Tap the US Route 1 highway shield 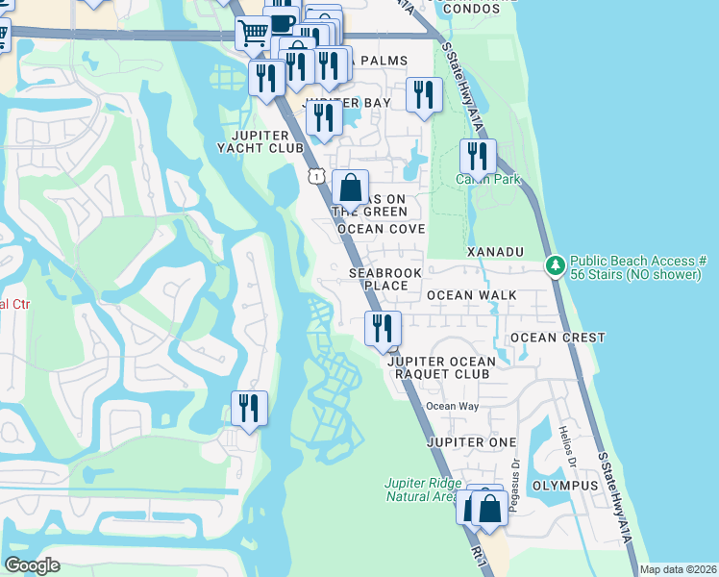tap(315, 176)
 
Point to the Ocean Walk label tap(471, 295)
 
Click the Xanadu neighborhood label tap(495, 251)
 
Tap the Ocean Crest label tap(558, 338)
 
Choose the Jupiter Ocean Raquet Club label tap(441, 368)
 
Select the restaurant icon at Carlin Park tap(478, 156)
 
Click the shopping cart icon tap(253, 34)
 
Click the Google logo tap(33, 565)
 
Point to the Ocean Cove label tap(379, 229)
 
